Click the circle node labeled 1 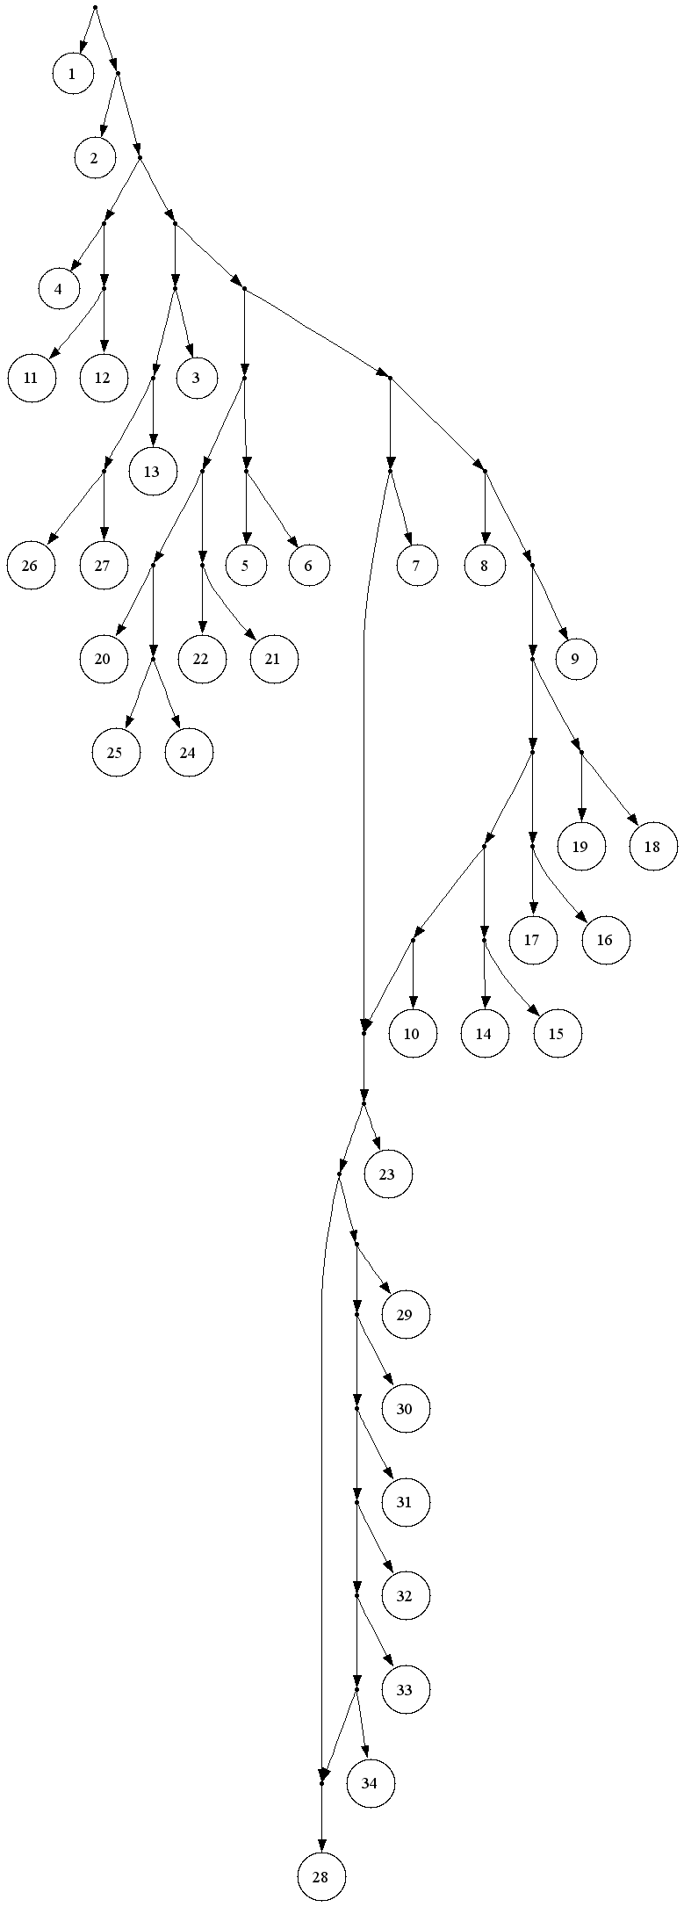[72, 75]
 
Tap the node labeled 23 [387, 1174]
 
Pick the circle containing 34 [369, 1783]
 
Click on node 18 [652, 847]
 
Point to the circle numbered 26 [30, 565]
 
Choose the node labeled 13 [152, 471]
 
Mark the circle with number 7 [416, 565]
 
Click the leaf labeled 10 [412, 1034]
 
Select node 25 [116, 753]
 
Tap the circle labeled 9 [574, 659]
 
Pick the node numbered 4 [58, 289]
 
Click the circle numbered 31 [404, 1502]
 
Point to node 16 [605, 940]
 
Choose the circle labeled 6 [308, 565]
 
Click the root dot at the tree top [95, 8]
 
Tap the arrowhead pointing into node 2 [103, 129]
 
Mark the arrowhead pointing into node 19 [581, 816]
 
